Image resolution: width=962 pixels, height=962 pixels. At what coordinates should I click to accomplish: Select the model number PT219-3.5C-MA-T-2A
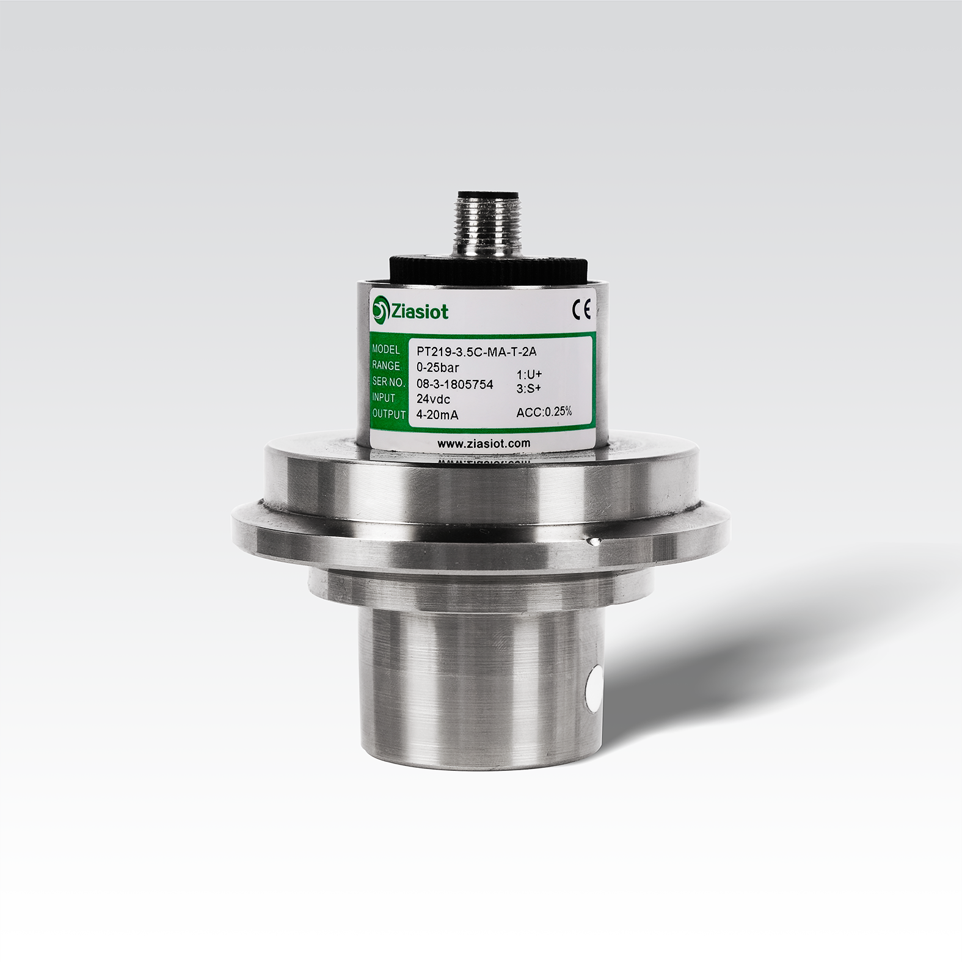(x=476, y=351)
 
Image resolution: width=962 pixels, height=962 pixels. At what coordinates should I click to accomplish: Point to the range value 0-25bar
(x=437, y=368)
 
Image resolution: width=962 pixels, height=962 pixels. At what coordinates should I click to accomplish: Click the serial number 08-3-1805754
(x=454, y=384)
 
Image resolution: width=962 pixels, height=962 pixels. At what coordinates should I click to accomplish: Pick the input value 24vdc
(x=433, y=399)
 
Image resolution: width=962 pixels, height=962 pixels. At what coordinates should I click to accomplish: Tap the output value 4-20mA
(x=437, y=415)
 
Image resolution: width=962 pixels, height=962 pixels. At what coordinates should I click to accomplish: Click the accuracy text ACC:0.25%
(x=544, y=412)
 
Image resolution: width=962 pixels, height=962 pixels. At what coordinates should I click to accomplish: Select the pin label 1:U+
(x=530, y=374)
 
